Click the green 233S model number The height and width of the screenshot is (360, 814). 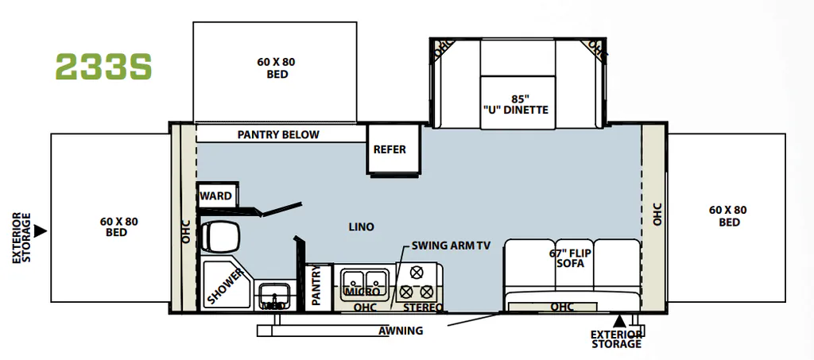103,67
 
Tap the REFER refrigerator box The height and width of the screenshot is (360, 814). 393,149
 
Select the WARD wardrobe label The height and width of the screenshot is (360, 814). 216,195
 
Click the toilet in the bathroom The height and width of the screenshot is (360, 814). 219,237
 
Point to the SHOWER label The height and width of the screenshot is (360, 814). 225,286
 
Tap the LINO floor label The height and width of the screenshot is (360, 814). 362,226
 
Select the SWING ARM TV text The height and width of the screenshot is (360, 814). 451,246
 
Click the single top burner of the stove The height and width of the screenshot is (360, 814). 415,273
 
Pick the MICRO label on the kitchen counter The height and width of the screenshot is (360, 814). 359,292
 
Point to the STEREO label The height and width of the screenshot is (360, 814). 424,307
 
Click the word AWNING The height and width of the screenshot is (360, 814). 401,331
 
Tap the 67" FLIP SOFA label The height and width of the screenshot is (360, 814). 571,258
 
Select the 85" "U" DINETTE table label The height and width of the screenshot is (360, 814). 514,104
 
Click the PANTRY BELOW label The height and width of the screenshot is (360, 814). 278,134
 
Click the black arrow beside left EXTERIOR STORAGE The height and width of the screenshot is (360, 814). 40,230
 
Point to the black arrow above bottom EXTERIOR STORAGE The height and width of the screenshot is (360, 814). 619,322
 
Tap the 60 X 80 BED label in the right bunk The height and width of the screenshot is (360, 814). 728,216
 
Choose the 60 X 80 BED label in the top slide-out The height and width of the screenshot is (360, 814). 276,68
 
